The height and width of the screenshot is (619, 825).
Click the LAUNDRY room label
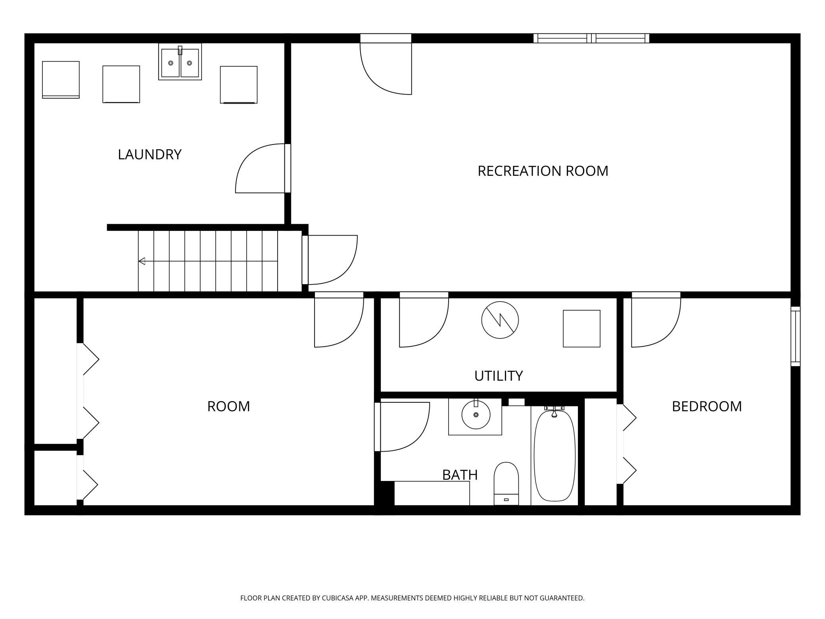(150, 154)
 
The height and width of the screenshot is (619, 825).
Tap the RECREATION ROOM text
(543, 171)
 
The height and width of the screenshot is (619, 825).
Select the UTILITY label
(499, 376)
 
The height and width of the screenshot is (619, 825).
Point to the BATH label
(460, 475)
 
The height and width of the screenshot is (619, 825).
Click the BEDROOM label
(706, 406)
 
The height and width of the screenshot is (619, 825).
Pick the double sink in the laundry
(180, 62)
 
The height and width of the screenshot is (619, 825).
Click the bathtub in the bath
(554, 456)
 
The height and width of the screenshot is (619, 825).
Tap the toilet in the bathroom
(506, 484)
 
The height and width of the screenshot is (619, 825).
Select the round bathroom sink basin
(476, 415)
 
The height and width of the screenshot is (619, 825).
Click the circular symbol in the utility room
(500, 320)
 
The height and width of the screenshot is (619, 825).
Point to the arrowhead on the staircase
(142, 261)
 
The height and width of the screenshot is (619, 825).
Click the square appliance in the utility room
(581, 329)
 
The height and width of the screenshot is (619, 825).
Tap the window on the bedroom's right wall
(796, 336)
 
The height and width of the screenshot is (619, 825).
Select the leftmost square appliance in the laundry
(61, 80)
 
